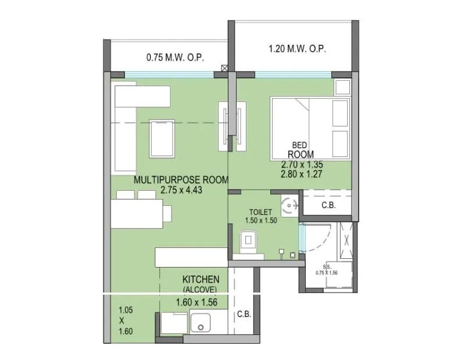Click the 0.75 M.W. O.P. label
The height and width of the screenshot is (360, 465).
point(175,58)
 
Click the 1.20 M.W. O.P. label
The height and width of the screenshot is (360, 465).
point(297,49)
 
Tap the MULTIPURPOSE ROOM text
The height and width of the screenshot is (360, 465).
point(181,180)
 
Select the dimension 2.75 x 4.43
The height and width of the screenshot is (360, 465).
point(181,190)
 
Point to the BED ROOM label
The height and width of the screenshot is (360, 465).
point(300,149)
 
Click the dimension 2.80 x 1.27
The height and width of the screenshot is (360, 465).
point(301,174)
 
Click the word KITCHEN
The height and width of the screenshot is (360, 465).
point(201,279)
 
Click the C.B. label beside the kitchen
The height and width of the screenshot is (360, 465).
point(244,315)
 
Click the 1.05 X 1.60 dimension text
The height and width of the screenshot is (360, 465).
point(126,320)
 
